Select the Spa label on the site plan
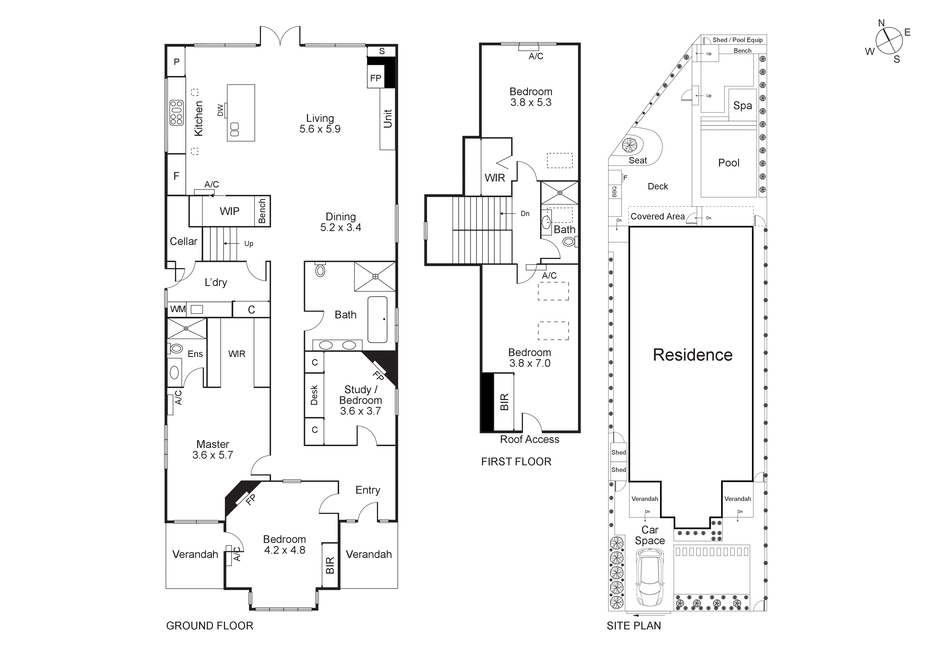coord(742,106)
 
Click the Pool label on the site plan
coord(729,163)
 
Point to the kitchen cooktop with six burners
coord(177,112)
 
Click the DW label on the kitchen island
coord(221,110)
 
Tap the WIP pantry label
coord(229,211)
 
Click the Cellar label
coord(183,241)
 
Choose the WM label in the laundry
coord(178,309)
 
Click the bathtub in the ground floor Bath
coord(377,320)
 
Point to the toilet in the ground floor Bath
coord(320,270)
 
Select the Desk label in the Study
coord(314,395)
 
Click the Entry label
coord(368,490)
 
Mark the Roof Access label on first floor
coord(529,439)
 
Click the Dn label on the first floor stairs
coord(525,214)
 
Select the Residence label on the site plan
coord(692,355)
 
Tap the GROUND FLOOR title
coord(209,626)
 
